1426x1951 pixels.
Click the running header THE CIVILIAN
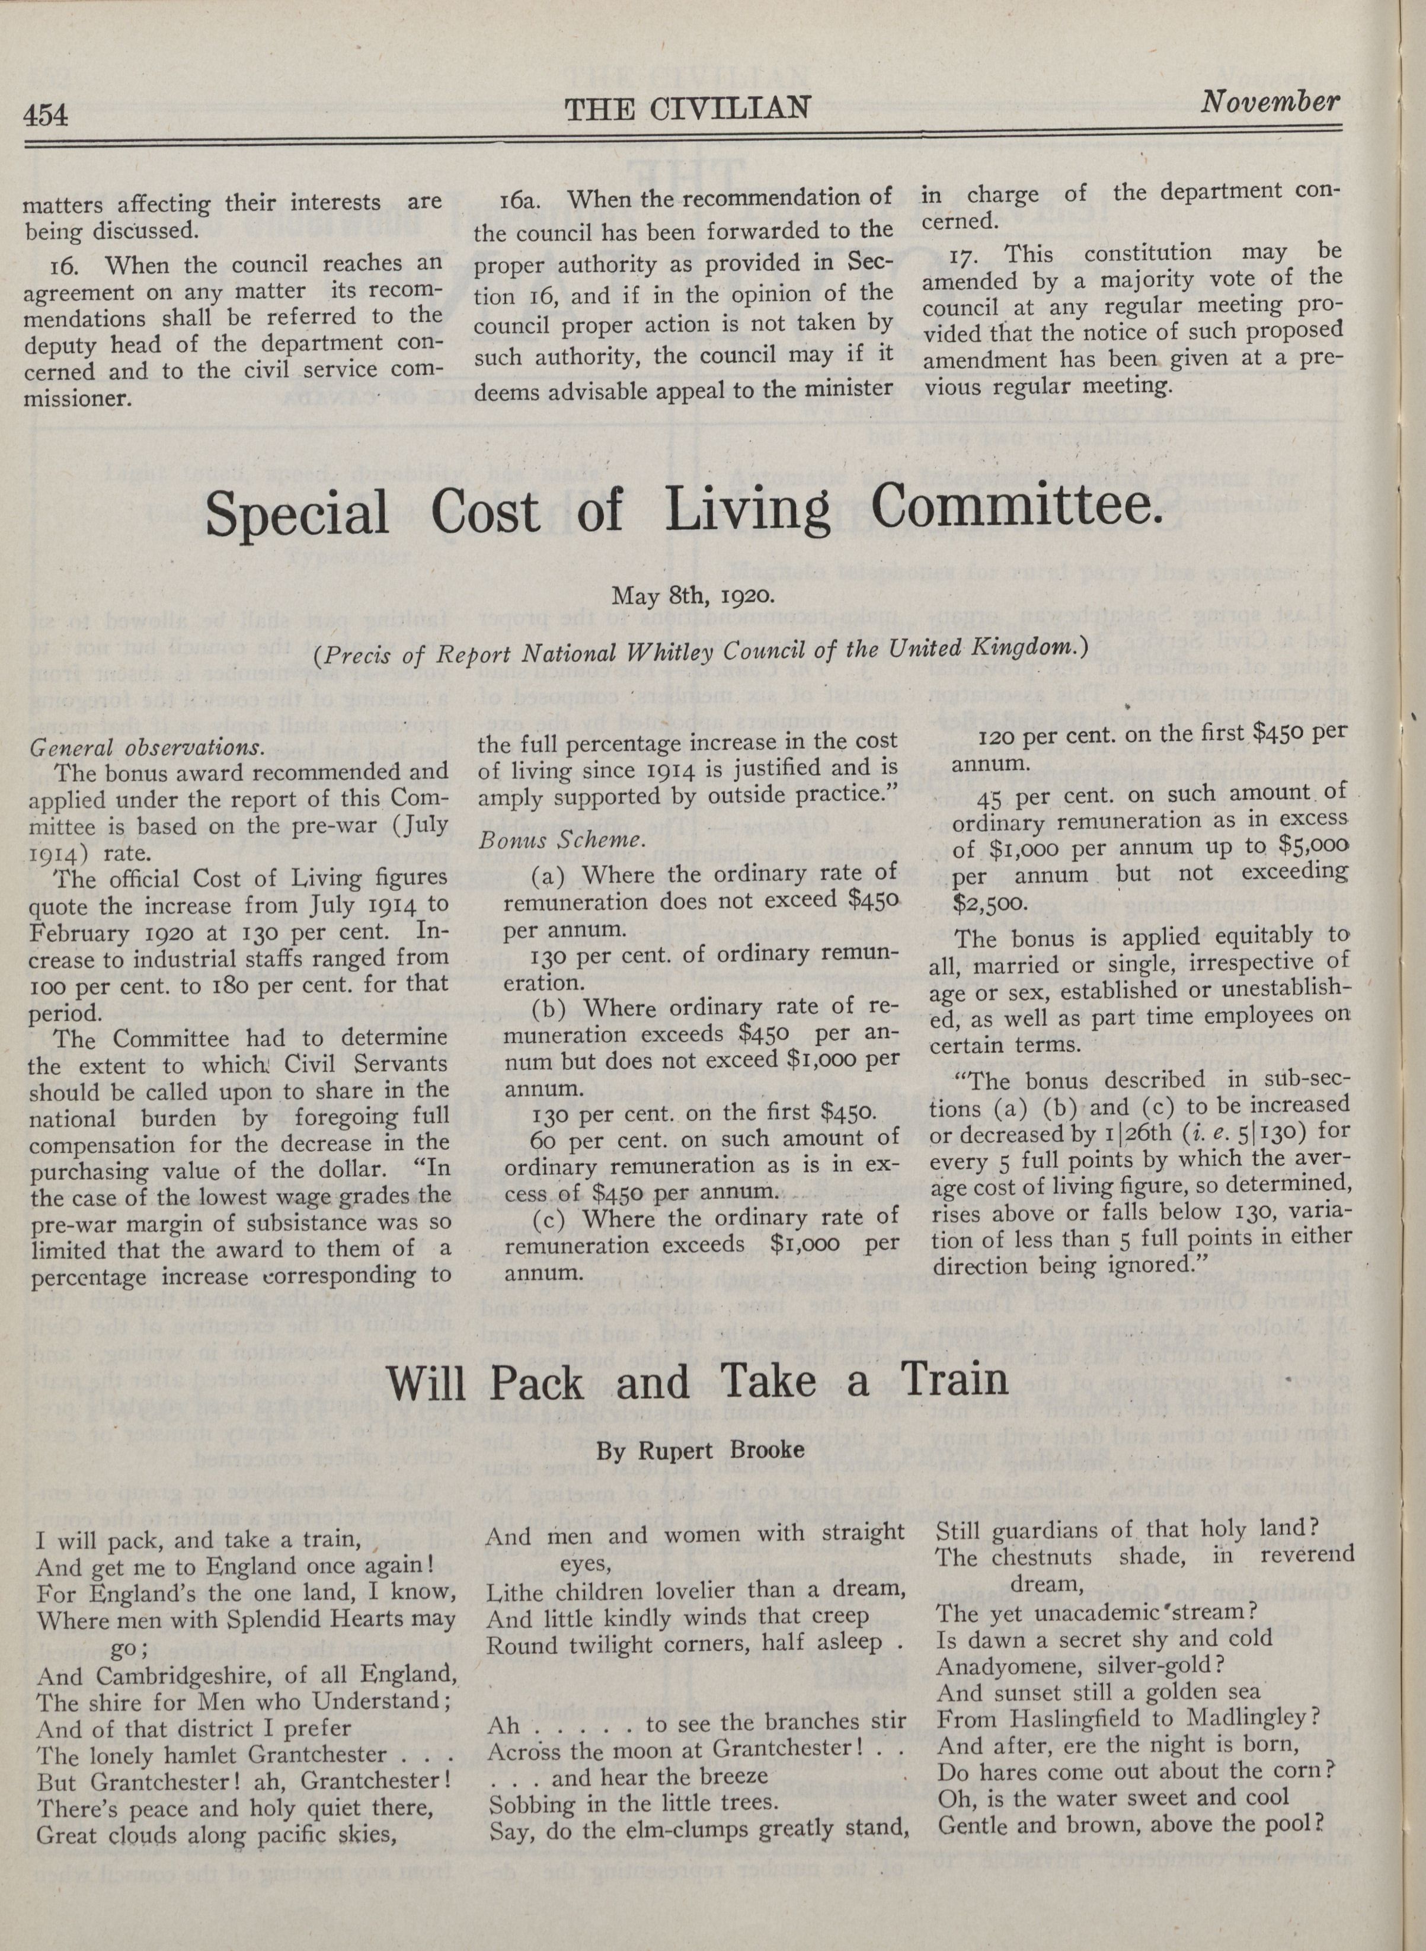688,108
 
